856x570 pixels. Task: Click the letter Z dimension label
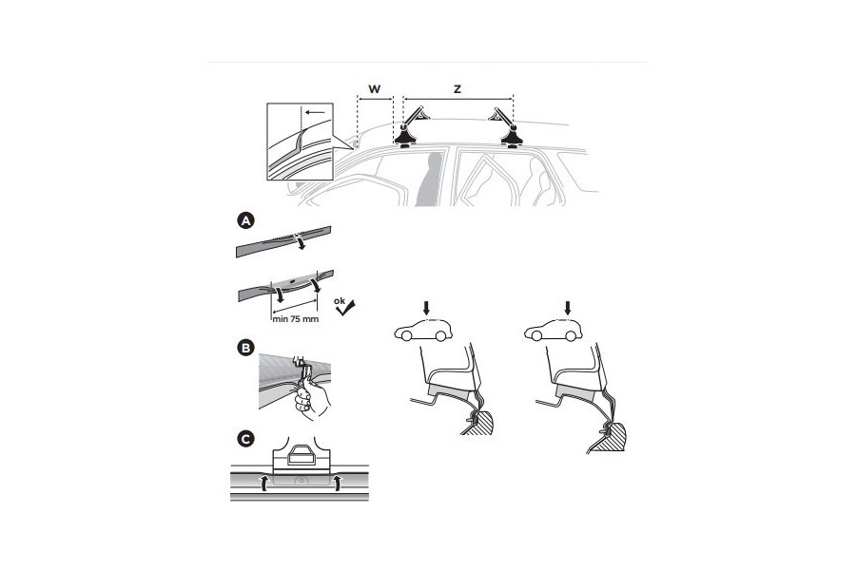click(x=457, y=89)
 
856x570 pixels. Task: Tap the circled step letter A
click(x=244, y=220)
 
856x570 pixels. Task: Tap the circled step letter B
click(x=244, y=348)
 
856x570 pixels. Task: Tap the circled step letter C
click(x=244, y=438)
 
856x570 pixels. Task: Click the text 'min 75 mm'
click(x=295, y=320)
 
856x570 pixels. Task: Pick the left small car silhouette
click(x=423, y=332)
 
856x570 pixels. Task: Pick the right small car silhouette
click(x=556, y=332)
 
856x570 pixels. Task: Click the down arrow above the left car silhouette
click(x=427, y=308)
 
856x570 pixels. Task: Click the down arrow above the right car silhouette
click(x=568, y=308)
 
